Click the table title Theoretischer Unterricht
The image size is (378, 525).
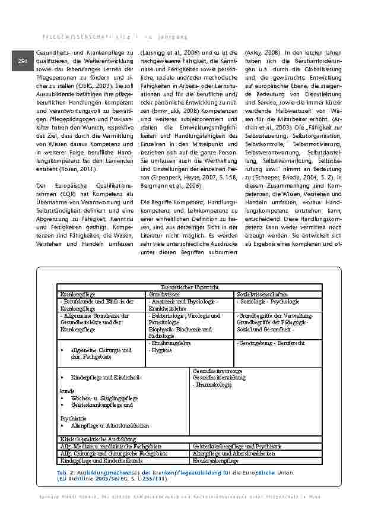coord(188,287)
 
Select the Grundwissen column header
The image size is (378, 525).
coord(161,294)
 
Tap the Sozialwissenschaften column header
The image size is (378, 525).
coord(262,294)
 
